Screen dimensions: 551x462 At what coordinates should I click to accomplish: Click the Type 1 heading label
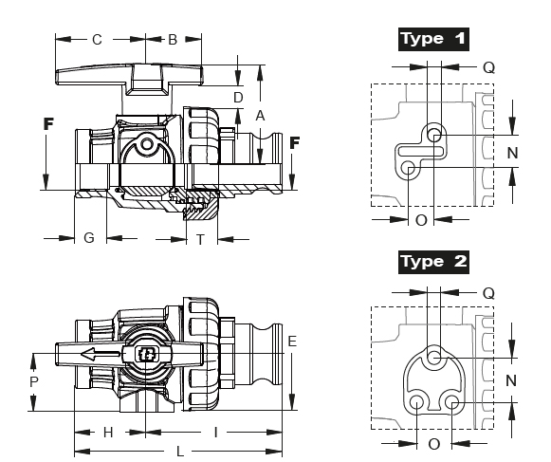coord(433,39)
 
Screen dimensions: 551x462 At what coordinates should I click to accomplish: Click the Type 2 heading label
coord(433,262)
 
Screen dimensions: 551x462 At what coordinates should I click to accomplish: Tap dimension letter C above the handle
coord(97,40)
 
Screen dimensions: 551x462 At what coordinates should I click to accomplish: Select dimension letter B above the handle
coord(173,40)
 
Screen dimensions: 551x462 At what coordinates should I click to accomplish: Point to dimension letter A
coord(260,116)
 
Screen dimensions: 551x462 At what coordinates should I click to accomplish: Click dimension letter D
coord(238,98)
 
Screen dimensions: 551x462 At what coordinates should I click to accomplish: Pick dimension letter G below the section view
coord(89,238)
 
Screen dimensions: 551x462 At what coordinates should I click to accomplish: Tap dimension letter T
coord(200,240)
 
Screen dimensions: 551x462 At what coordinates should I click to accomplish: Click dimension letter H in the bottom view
coord(108,433)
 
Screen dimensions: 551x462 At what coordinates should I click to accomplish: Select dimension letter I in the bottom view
coord(216,433)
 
